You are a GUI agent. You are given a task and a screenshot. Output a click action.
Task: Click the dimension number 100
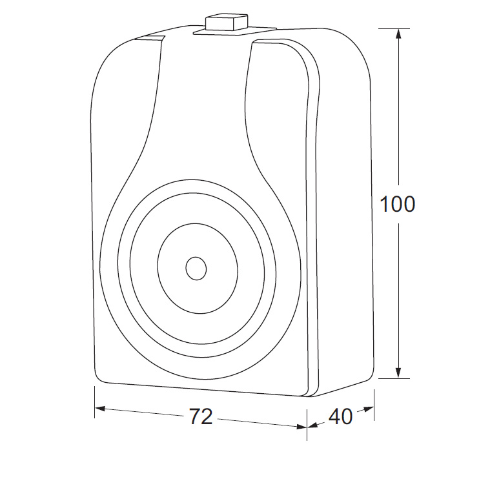tap(397, 205)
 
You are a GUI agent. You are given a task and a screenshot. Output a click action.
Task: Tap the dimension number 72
tap(201, 416)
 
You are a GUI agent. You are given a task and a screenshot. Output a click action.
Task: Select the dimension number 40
tap(340, 416)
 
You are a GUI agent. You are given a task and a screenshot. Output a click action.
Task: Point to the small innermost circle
tap(196, 269)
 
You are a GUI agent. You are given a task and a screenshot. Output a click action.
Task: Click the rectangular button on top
tap(226, 23)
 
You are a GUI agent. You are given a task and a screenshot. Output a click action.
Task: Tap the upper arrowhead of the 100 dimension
tap(398, 34)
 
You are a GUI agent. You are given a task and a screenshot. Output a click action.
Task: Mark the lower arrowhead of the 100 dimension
tap(398, 373)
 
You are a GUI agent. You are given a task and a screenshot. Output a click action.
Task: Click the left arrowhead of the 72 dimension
tap(100, 409)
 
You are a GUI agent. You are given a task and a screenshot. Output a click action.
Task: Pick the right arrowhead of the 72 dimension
tap(301, 426)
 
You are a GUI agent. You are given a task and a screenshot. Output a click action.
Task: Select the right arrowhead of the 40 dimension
tap(369, 409)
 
